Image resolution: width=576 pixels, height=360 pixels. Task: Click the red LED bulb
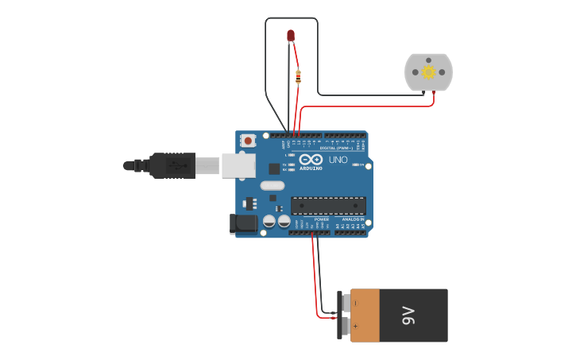pyautogui.click(x=291, y=35)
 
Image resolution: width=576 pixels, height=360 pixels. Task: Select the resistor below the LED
pyautogui.click(x=298, y=77)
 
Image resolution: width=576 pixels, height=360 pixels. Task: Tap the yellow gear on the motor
pyautogui.click(x=428, y=72)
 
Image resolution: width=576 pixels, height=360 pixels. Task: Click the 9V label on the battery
pyautogui.click(x=409, y=315)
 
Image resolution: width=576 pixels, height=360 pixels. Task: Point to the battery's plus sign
pyautogui.click(x=355, y=327)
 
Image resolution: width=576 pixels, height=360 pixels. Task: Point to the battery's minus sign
pyautogui.click(x=355, y=304)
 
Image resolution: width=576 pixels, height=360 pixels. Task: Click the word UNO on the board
pyautogui.click(x=338, y=160)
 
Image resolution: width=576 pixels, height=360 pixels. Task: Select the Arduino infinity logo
pyautogui.click(x=311, y=159)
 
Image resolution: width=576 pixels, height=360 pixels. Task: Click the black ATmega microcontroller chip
pyautogui.click(x=328, y=206)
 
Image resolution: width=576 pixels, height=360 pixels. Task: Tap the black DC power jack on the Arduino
pyautogui.click(x=244, y=224)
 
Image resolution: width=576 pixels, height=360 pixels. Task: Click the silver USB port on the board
pyautogui.click(x=238, y=165)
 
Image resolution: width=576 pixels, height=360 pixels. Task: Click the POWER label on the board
pyautogui.click(x=321, y=219)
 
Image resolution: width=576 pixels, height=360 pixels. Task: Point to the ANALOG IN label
pyautogui.click(x=353, y=219)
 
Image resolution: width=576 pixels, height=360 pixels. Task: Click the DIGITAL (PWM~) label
pyautogui.click(x=338, y=148)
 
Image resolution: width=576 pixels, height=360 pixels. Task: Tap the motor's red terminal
pyautogui.click(x=434, y=93)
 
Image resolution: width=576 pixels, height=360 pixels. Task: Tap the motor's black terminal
pyautogui.click(x=423, y=93)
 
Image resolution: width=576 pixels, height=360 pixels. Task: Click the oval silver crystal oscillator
pyautogui.click(x=271, y=185)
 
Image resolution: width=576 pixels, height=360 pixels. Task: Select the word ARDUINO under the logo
pyautogui.click(x=311, y=168)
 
